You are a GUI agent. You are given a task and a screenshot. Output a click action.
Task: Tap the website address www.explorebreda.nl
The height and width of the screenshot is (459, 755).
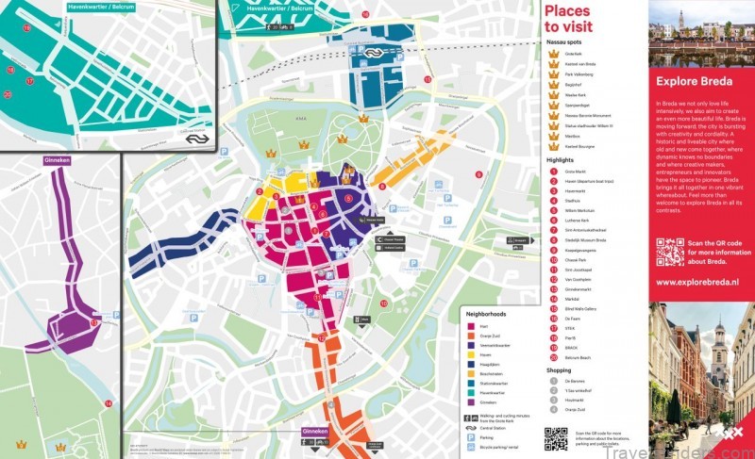[x=696, y=281]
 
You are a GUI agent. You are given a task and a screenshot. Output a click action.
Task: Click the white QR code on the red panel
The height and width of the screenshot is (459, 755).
[x=670, y=252]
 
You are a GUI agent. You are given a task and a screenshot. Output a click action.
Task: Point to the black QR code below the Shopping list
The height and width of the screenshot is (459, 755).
[x=556, y=439]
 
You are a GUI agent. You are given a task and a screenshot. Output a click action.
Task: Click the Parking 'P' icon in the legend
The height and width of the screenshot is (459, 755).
[x=470, y=436]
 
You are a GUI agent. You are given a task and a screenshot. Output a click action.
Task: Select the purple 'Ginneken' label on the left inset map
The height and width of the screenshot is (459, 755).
[x=58, y=160]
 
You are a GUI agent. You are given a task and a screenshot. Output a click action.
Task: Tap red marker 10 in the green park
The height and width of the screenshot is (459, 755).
[x=385, y=303]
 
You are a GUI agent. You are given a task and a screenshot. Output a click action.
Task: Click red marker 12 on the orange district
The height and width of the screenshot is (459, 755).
[x=322, y=337]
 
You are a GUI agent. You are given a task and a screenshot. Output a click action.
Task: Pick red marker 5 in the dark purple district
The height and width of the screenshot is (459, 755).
[x=348, y=199]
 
